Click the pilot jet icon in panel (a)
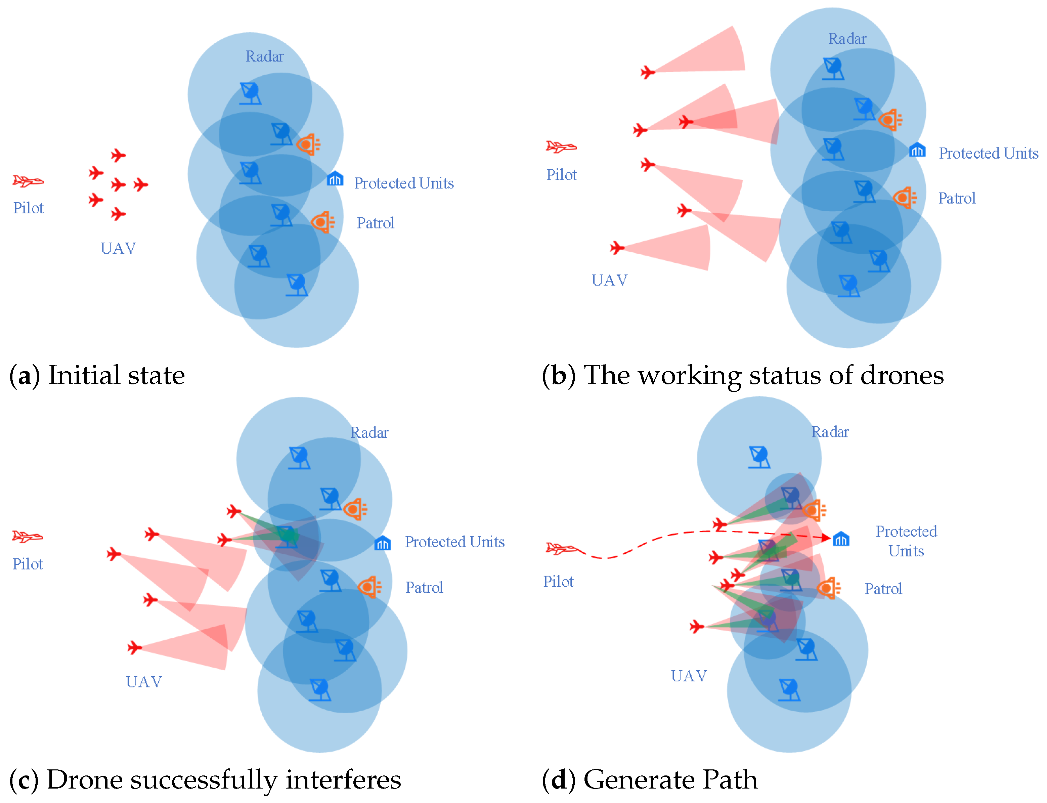pyautogui.click(x=28, y=181)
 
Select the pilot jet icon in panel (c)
pyautogui.click(x=27, y=537)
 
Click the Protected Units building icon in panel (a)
pyautogui.click(x=335, y=179)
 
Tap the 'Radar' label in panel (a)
pyautogui.click(x=264, y=56)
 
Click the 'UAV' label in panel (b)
pyautogui.click(x=609, y=280)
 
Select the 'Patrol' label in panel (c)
pyautogui.click(x=424, y=587)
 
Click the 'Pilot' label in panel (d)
pyautogui.click(x=558, y=582)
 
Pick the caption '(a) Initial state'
pyautogui.click(x=97, y=375)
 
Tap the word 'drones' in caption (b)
pyautogui.click(x=902, y=375)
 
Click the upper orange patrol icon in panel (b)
pyautogui.click(x=890, y=120)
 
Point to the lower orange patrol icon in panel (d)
pyautogui.click(x=828, y=588)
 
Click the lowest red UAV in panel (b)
pyautogui.click(x=617, y=248)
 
